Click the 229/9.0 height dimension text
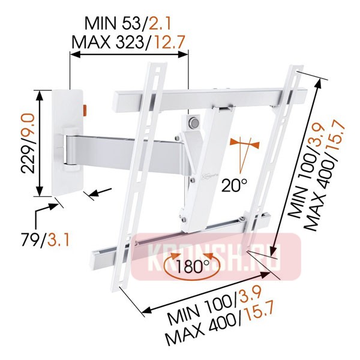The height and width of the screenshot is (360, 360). click(x=28, y=144)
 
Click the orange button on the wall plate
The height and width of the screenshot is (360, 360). click(x=85, y=110)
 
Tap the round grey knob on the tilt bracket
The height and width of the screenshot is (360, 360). click(x=193, y=122)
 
